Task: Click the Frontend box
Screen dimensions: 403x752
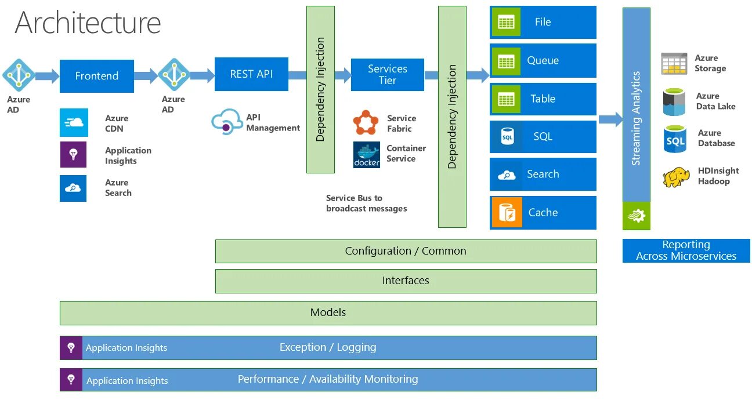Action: coord(96,76)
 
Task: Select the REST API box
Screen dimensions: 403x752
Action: coord(251,74)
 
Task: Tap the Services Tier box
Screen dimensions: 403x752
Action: coord(387,75)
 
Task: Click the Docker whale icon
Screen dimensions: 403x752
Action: coord(367,155)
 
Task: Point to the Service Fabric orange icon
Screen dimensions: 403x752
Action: coord(366,122)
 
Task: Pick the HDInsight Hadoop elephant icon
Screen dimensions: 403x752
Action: coord(676,177)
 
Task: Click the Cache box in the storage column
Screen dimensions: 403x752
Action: coord(543,213)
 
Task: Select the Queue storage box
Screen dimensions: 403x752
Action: coord(543,60)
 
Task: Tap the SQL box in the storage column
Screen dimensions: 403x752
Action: coord(543,137)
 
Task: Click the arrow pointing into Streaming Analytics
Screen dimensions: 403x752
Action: coord(610,120)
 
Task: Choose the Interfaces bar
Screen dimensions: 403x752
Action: coord(406,281)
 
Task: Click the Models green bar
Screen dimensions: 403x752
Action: coord(328,313)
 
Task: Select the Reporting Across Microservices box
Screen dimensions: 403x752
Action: coord(686,250)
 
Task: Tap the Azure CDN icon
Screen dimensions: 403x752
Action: coord(74,123)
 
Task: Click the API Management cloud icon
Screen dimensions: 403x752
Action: coord(226,122)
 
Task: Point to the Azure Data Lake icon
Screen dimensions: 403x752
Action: coord(674,102)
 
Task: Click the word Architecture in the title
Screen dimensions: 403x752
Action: coord(88,23)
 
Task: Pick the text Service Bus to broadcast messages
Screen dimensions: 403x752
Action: coord(366,204)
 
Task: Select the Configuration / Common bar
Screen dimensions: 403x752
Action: coord(406,251)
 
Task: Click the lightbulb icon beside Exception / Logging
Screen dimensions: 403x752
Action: coord(71,348)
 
